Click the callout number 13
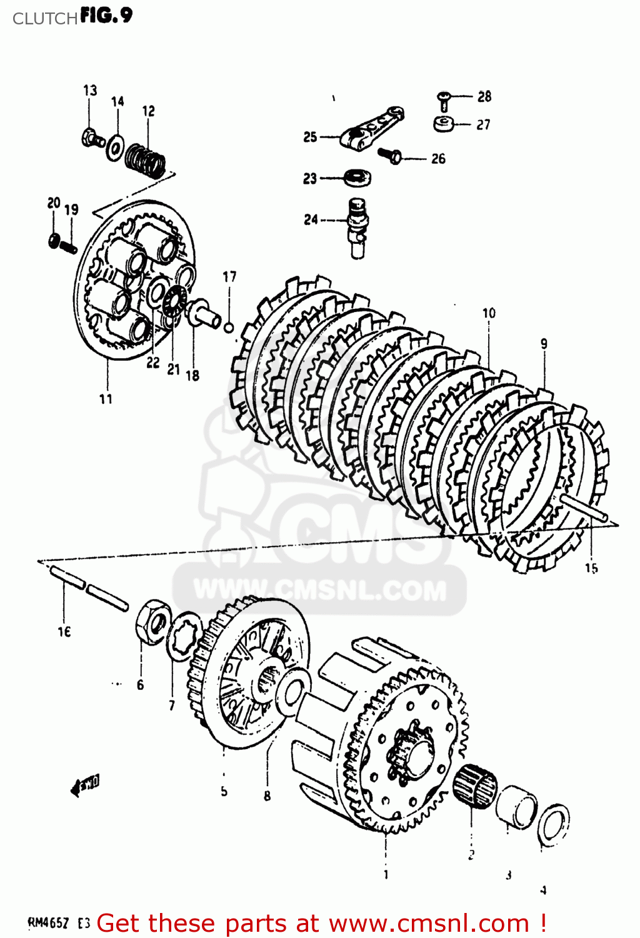click(x=90, y=91)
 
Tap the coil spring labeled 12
click(x=146, y=159)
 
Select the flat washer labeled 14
click(x=115, y=148)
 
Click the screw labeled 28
click(x=443, y=99)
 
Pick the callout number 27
click(x=483, y=125)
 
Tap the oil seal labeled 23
click(x=357, y=177)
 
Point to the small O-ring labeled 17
click(x=229, y=326)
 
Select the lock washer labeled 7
click(x=183, y=636)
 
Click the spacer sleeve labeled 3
click(x=516, y=807)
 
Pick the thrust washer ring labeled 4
click(x=553, y=825)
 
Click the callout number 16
click(x=64, y=632)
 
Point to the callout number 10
click(x=489, y=313)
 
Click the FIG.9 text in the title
click(x=106, y=16)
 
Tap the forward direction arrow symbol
click(x=85, y=785)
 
